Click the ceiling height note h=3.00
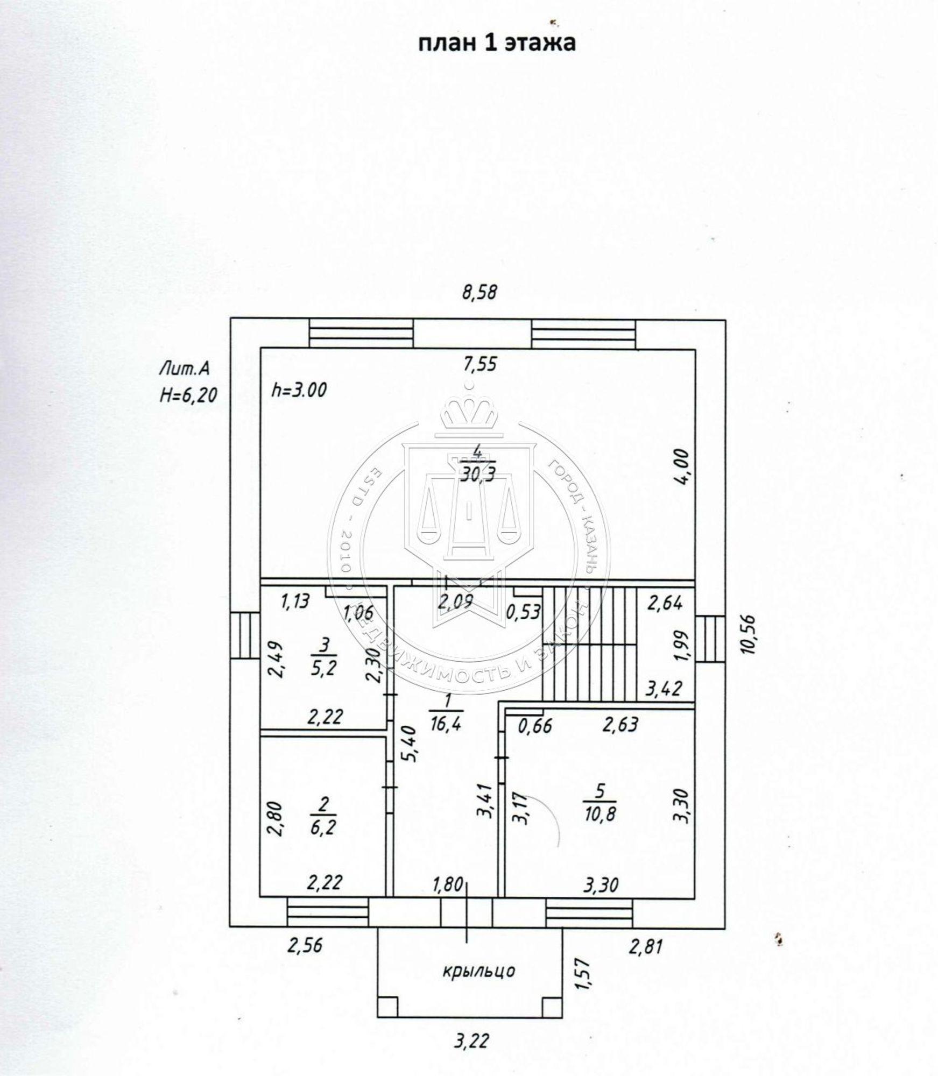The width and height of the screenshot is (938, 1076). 299,390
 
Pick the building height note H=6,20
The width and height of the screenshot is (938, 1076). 188,395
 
